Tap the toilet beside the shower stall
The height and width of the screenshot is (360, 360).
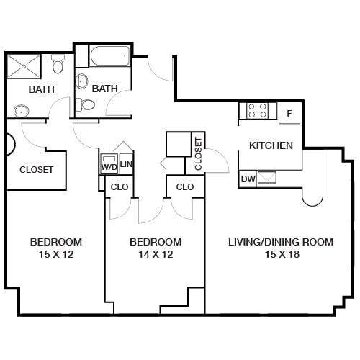(59, 65)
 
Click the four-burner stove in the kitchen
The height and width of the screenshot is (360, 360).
(258, 111)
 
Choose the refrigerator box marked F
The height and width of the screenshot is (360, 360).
(289, 112)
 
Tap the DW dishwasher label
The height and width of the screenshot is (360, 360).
(247, 179)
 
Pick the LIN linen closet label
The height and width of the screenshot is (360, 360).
(126, 165)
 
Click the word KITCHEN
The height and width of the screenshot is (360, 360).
(271, 145)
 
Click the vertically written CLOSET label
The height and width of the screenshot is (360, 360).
(198, 153)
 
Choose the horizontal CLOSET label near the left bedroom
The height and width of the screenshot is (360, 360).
(36, 170)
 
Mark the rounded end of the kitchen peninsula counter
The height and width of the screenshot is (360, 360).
(312, 197)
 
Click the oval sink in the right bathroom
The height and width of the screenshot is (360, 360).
(82, 81)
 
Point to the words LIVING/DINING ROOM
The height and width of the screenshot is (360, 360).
(281, 242)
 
